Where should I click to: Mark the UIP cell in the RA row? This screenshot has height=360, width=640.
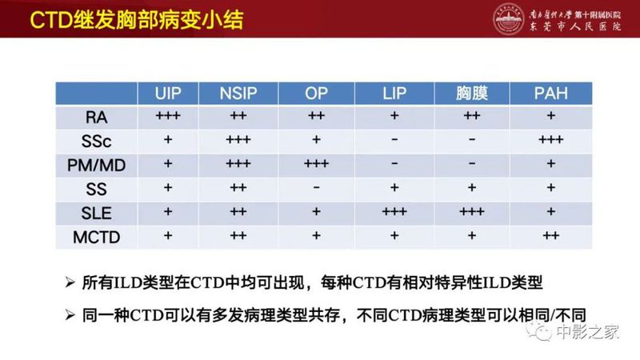coord(168,117)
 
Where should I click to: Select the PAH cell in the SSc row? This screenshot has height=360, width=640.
coord(551,141)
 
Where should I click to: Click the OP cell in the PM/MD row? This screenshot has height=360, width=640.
coord(317,165)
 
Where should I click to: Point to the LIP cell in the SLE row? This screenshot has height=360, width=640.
coord(394,213)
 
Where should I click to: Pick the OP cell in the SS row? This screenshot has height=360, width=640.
coord(317,189)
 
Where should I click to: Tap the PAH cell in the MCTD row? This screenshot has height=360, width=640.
coord(551,237)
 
